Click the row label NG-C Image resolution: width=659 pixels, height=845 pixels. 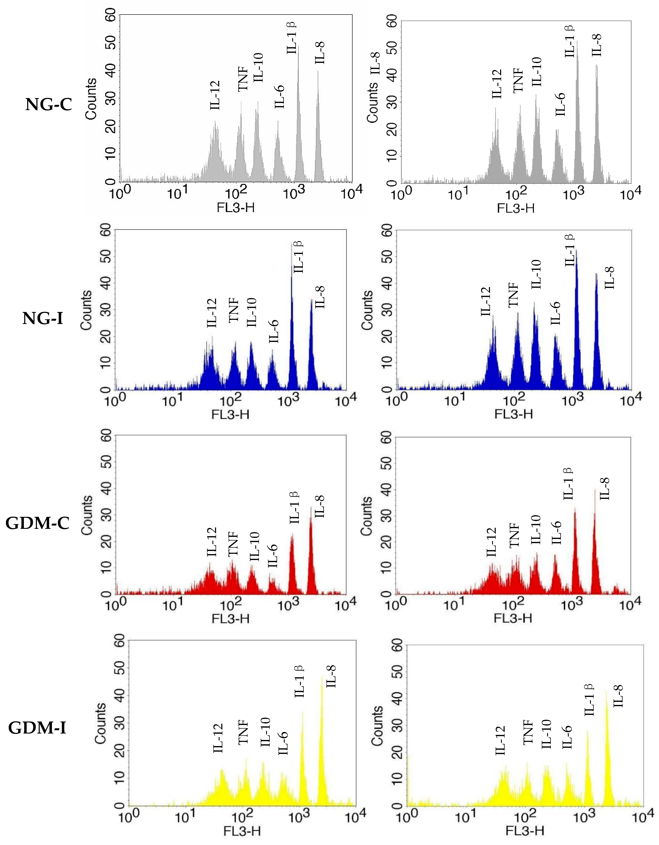pyautogui.click(x=49, y=105)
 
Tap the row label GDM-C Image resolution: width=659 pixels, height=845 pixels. pyautogui.click(x=37, y=523)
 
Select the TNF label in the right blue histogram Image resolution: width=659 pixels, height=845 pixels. pyautogui.click(x=513, y=295)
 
